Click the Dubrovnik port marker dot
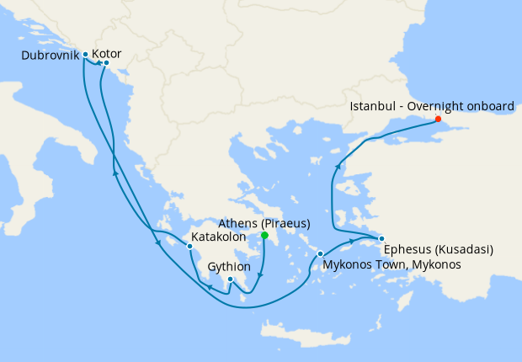[x=86, y=55]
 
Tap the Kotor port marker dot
[x=106, y=62]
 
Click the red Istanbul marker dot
[x=438, y=119]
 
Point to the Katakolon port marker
[x=189, y=247]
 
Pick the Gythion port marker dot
[x=230, y=279]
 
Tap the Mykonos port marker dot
[x=320, y=253]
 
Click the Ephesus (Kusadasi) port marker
[x=381, y=238]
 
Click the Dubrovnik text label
[x=51, y=55]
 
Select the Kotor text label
[x=106, y=54]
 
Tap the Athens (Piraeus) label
[x=264, y=223]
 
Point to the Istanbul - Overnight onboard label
[x=431, y=107]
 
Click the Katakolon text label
[x=218, y=237]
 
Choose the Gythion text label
[x=229, y=266]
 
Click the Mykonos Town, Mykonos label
[x=392, y=264]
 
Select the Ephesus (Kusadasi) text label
[x=437, y=250]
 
